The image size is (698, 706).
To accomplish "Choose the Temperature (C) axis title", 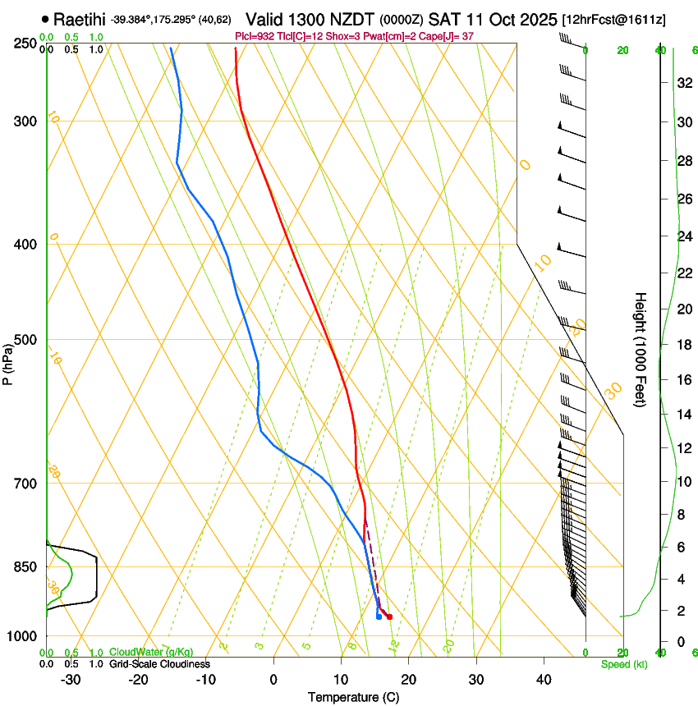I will coord(353,697).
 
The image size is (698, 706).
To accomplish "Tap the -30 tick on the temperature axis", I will coord(71,680).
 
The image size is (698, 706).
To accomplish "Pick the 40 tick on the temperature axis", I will coord(544,680).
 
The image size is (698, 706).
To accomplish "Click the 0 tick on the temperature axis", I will coord(273,680).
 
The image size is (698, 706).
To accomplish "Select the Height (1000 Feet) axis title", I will coord(641,349).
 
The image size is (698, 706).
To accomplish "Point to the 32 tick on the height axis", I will coord(682,83).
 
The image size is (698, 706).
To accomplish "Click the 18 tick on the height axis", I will coord(682,345).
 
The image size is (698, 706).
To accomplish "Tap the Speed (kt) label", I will coord(623,664).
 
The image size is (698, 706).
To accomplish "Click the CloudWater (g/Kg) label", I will coord(151,653).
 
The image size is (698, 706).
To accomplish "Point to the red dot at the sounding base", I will coord(389,617).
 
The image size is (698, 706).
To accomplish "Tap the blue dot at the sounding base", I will coord(379,617).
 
